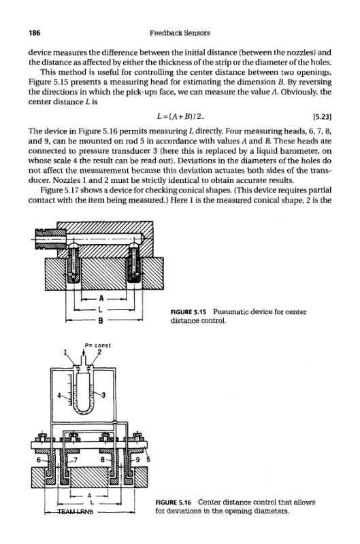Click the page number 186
35,33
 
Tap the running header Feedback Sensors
180,33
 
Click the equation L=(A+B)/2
180,116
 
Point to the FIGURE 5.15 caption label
188,312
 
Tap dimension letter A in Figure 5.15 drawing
101,298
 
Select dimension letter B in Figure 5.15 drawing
100,320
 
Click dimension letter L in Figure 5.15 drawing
101,309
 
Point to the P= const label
98,345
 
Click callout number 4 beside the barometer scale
59,395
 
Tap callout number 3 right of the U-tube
103,395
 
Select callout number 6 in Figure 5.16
39,460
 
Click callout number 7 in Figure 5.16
75,460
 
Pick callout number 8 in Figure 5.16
102,460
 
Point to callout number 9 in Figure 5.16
137,460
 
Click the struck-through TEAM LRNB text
76,511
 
